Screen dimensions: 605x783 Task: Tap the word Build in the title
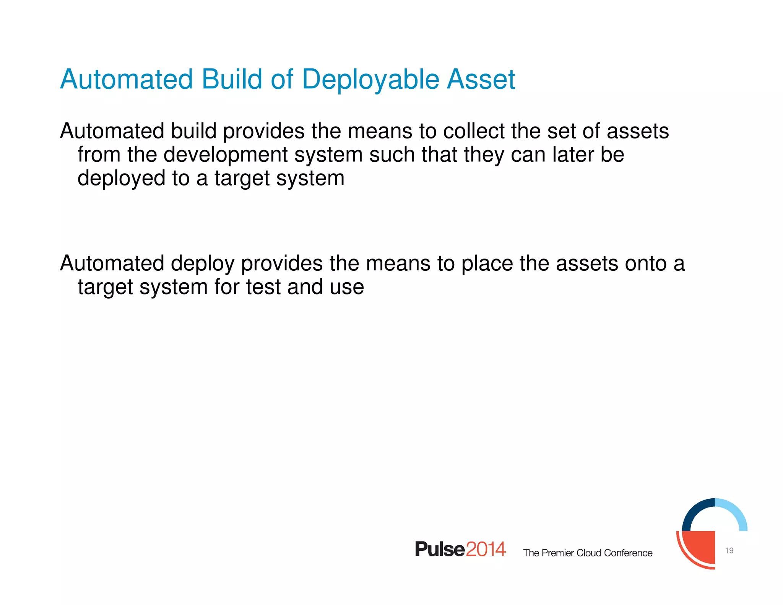click(x=232, y=80)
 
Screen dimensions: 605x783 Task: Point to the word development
click(x=226, y=155)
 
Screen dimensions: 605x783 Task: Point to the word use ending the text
click(x=346, y=288)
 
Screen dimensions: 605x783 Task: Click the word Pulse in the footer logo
click(x=440, y=549)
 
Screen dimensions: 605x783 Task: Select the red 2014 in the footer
click(x=486, y=549)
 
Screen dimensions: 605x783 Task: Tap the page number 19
click(x=729, y=550)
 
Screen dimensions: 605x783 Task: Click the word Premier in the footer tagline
click(x=558, y=553)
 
